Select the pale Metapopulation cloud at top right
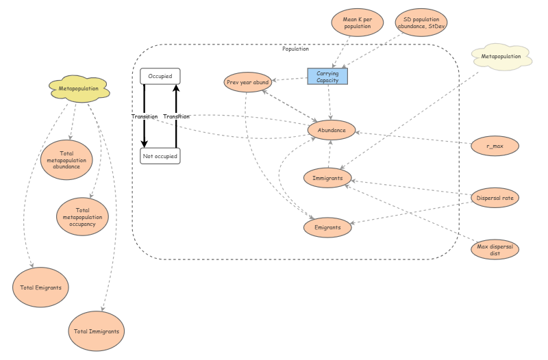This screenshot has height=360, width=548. [x=501, y=56]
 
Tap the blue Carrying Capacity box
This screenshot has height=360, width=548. [x=327, y=76]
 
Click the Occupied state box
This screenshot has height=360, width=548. [x=160, y=76]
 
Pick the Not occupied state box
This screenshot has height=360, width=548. [x=160, y=156]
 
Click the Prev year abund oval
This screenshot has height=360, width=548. [x=247, y=82]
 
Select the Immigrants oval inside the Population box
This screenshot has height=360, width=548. [x=327, y=178]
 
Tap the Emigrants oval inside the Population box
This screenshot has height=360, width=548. [x=327, y=227]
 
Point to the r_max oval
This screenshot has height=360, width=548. [x=495, y=145]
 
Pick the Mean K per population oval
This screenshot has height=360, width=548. [x=357, y=23]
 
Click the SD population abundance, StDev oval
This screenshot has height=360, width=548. [x=421, y=23]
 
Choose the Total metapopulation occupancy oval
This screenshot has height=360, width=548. [x=82, y=216]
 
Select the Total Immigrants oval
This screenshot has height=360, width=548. [x=97, y=331]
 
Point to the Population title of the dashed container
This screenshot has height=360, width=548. [x=295, y=49]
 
